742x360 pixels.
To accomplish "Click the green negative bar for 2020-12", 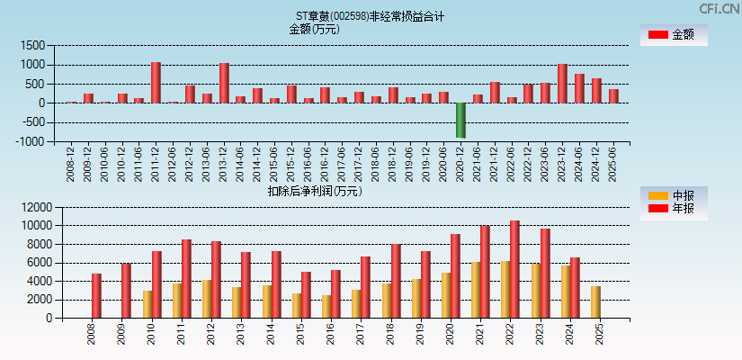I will pos(460,120).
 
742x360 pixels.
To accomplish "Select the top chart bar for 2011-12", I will pos(156,83).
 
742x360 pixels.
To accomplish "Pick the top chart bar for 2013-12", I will pos(224,83).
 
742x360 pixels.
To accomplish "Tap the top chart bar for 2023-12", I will pos(562,84).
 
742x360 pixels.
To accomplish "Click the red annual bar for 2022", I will pos(514,269).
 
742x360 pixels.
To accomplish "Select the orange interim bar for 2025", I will pos(595,301).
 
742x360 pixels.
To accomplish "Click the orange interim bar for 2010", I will pos(148,304).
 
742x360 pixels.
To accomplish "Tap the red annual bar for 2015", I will pos(306,294).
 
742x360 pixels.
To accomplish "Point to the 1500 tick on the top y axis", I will pos(32,45).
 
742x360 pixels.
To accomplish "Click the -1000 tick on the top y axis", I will pos(31,141).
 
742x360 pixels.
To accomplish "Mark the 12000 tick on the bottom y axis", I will pos(31,207).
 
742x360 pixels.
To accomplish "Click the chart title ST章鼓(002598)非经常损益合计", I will pos(370,16).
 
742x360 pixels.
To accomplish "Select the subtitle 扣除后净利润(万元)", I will pos(314,191).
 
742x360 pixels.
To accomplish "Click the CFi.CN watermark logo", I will pos(720,9).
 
